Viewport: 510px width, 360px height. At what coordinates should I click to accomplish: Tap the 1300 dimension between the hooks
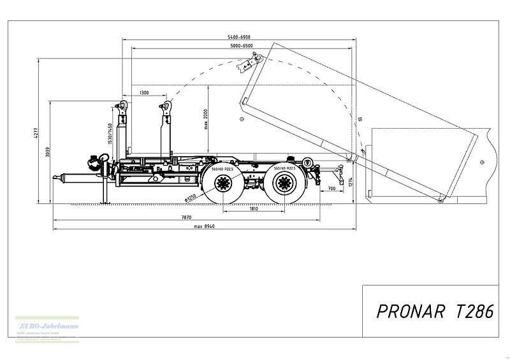pos(144,93)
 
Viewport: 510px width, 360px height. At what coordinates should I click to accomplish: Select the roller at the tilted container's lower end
pos(441,201)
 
